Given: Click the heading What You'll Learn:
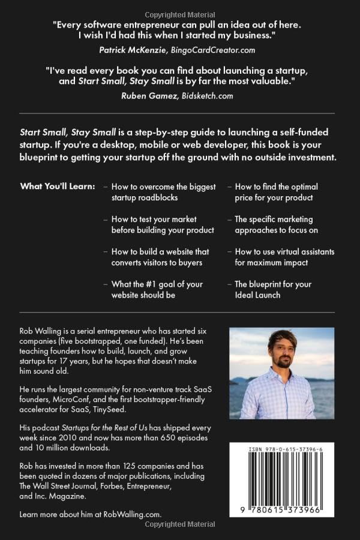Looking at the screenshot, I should point(58,187).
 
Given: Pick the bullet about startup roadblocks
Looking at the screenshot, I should point(163,192).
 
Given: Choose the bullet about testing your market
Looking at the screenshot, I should point(163,224).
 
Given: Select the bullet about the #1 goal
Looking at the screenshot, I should point(157,289).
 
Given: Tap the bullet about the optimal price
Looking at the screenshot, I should point(276,192).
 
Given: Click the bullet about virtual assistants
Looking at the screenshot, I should point(284,257).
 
